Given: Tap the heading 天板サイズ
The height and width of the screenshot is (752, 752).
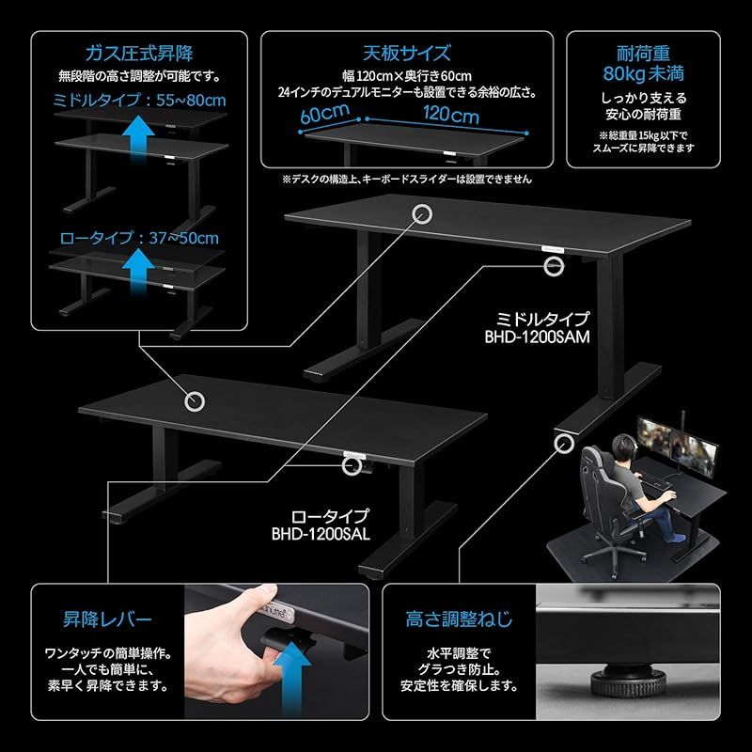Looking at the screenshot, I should (406, 53).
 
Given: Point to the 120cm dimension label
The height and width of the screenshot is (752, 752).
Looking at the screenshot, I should (450, 117).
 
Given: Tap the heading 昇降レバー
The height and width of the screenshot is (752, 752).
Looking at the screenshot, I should (107, 619).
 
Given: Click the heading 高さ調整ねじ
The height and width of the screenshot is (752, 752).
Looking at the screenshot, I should (459, 619).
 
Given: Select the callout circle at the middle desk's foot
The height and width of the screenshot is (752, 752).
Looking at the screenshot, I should (565, 441).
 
